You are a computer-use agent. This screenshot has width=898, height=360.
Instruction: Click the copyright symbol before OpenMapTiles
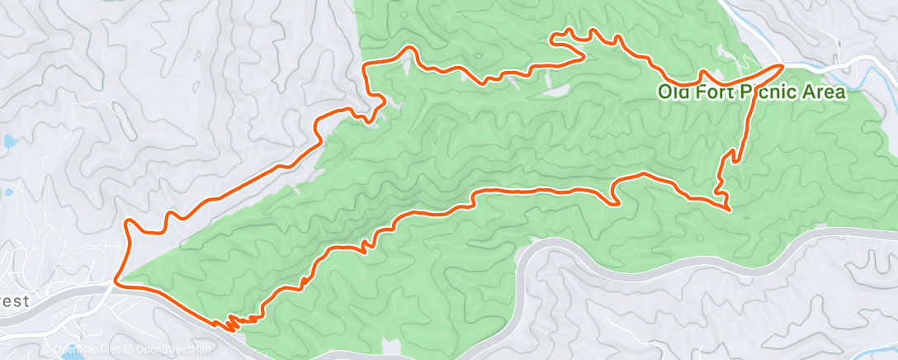47,350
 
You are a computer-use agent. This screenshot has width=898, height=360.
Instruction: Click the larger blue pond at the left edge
9,141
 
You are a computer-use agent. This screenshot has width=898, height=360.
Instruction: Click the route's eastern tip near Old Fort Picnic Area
782,64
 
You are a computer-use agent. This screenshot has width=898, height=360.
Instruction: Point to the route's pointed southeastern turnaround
730,210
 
